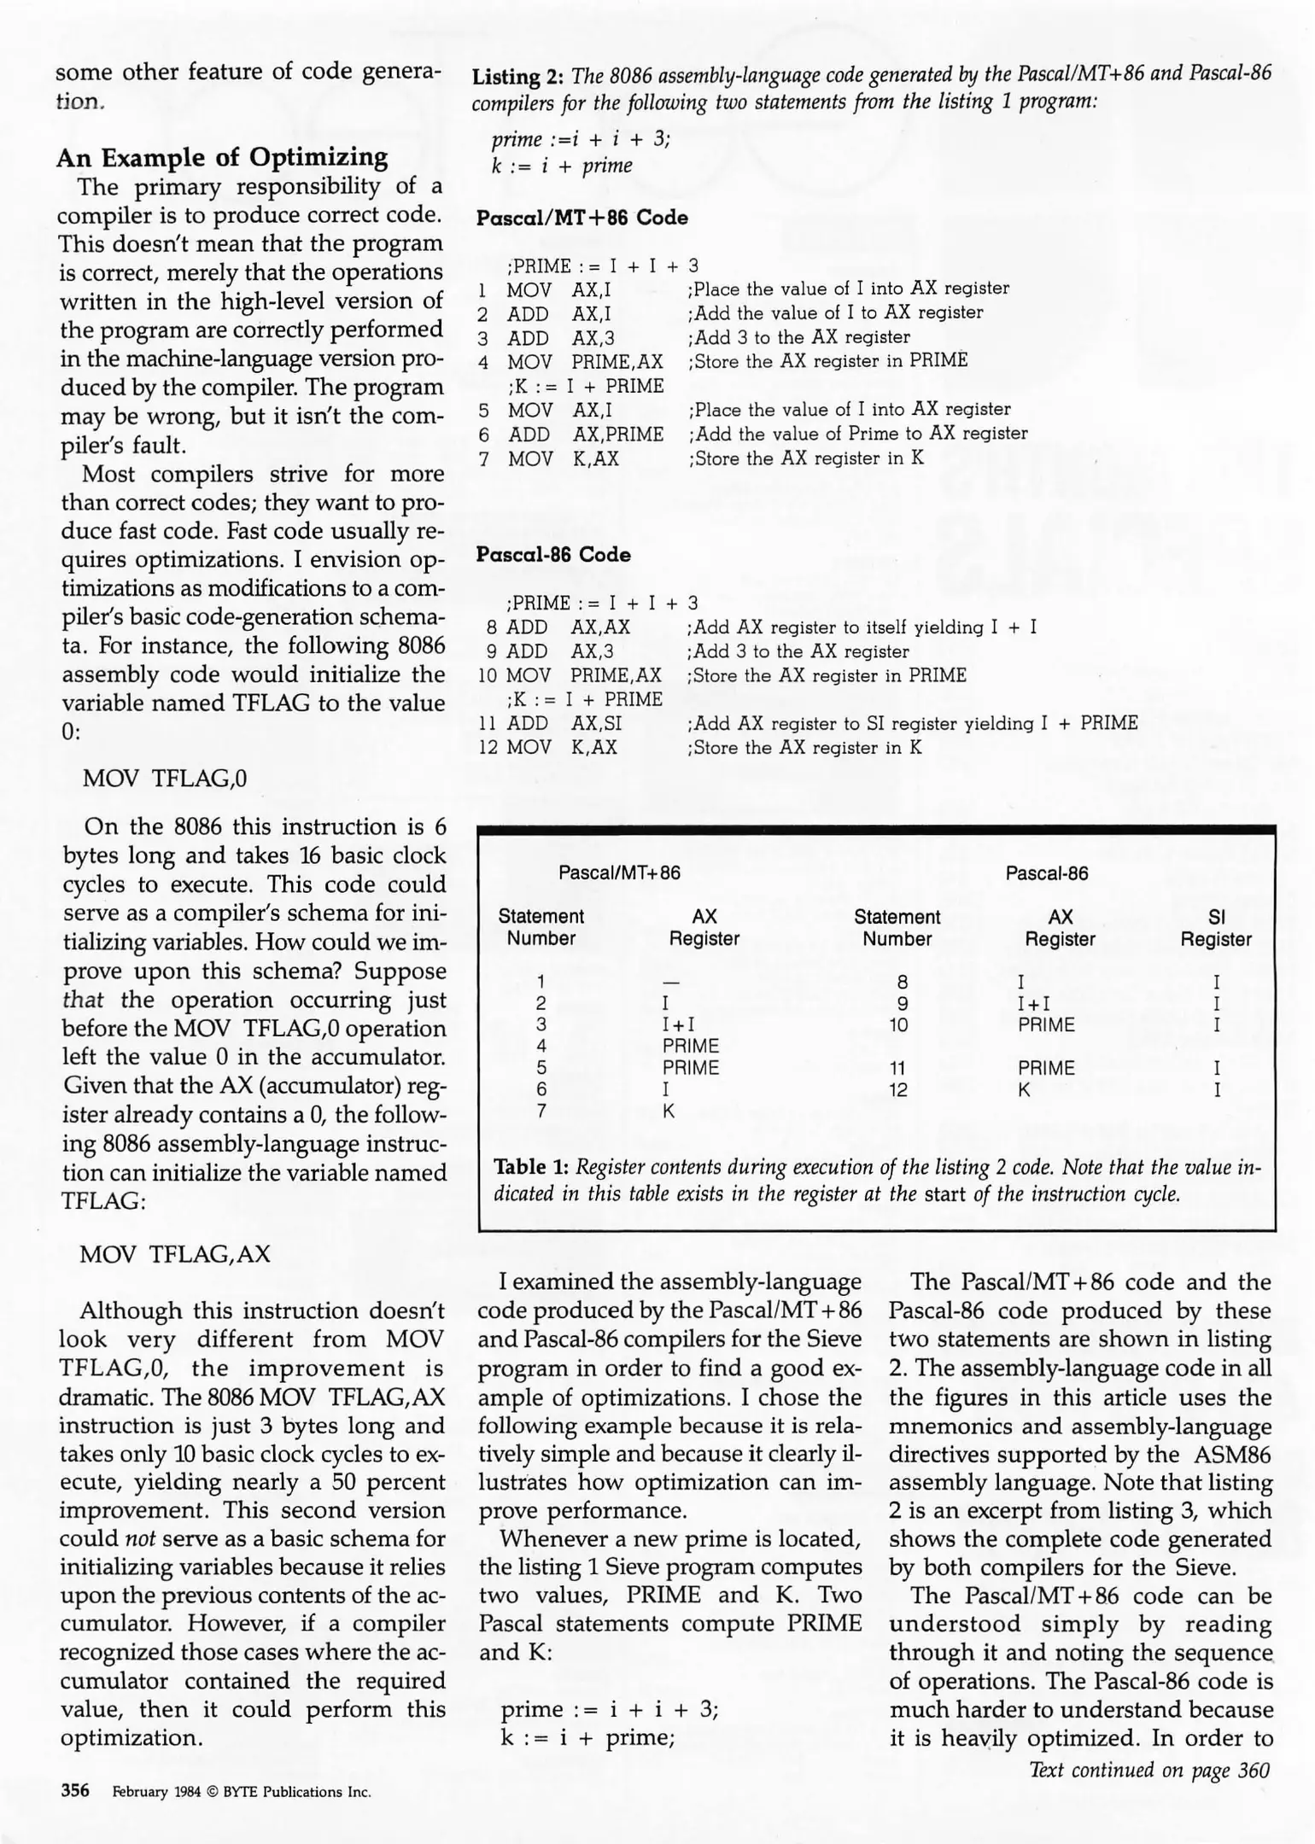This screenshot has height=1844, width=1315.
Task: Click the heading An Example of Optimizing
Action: [222, 157]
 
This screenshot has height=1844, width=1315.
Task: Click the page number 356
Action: [75, 1790]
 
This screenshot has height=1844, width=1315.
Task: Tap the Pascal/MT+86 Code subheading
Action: [582, 218]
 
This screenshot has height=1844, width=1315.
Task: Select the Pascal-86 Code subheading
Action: [553, 555]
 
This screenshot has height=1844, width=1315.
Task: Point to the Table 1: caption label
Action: [532, 1167]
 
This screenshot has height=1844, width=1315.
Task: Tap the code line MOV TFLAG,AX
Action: [175, 1254]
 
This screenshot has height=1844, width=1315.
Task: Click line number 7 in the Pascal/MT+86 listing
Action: [483, 459]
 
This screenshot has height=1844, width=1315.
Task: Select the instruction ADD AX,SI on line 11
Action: [564, 724]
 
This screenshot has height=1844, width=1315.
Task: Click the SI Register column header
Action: [1216, 928]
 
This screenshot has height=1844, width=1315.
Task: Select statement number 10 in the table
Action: [897, 1025]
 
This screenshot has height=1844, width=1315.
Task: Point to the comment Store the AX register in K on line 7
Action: [806, 458]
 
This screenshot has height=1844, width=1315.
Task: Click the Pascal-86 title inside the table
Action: [1046, 873]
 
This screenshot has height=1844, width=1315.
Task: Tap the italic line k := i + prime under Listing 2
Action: [561, 166]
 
